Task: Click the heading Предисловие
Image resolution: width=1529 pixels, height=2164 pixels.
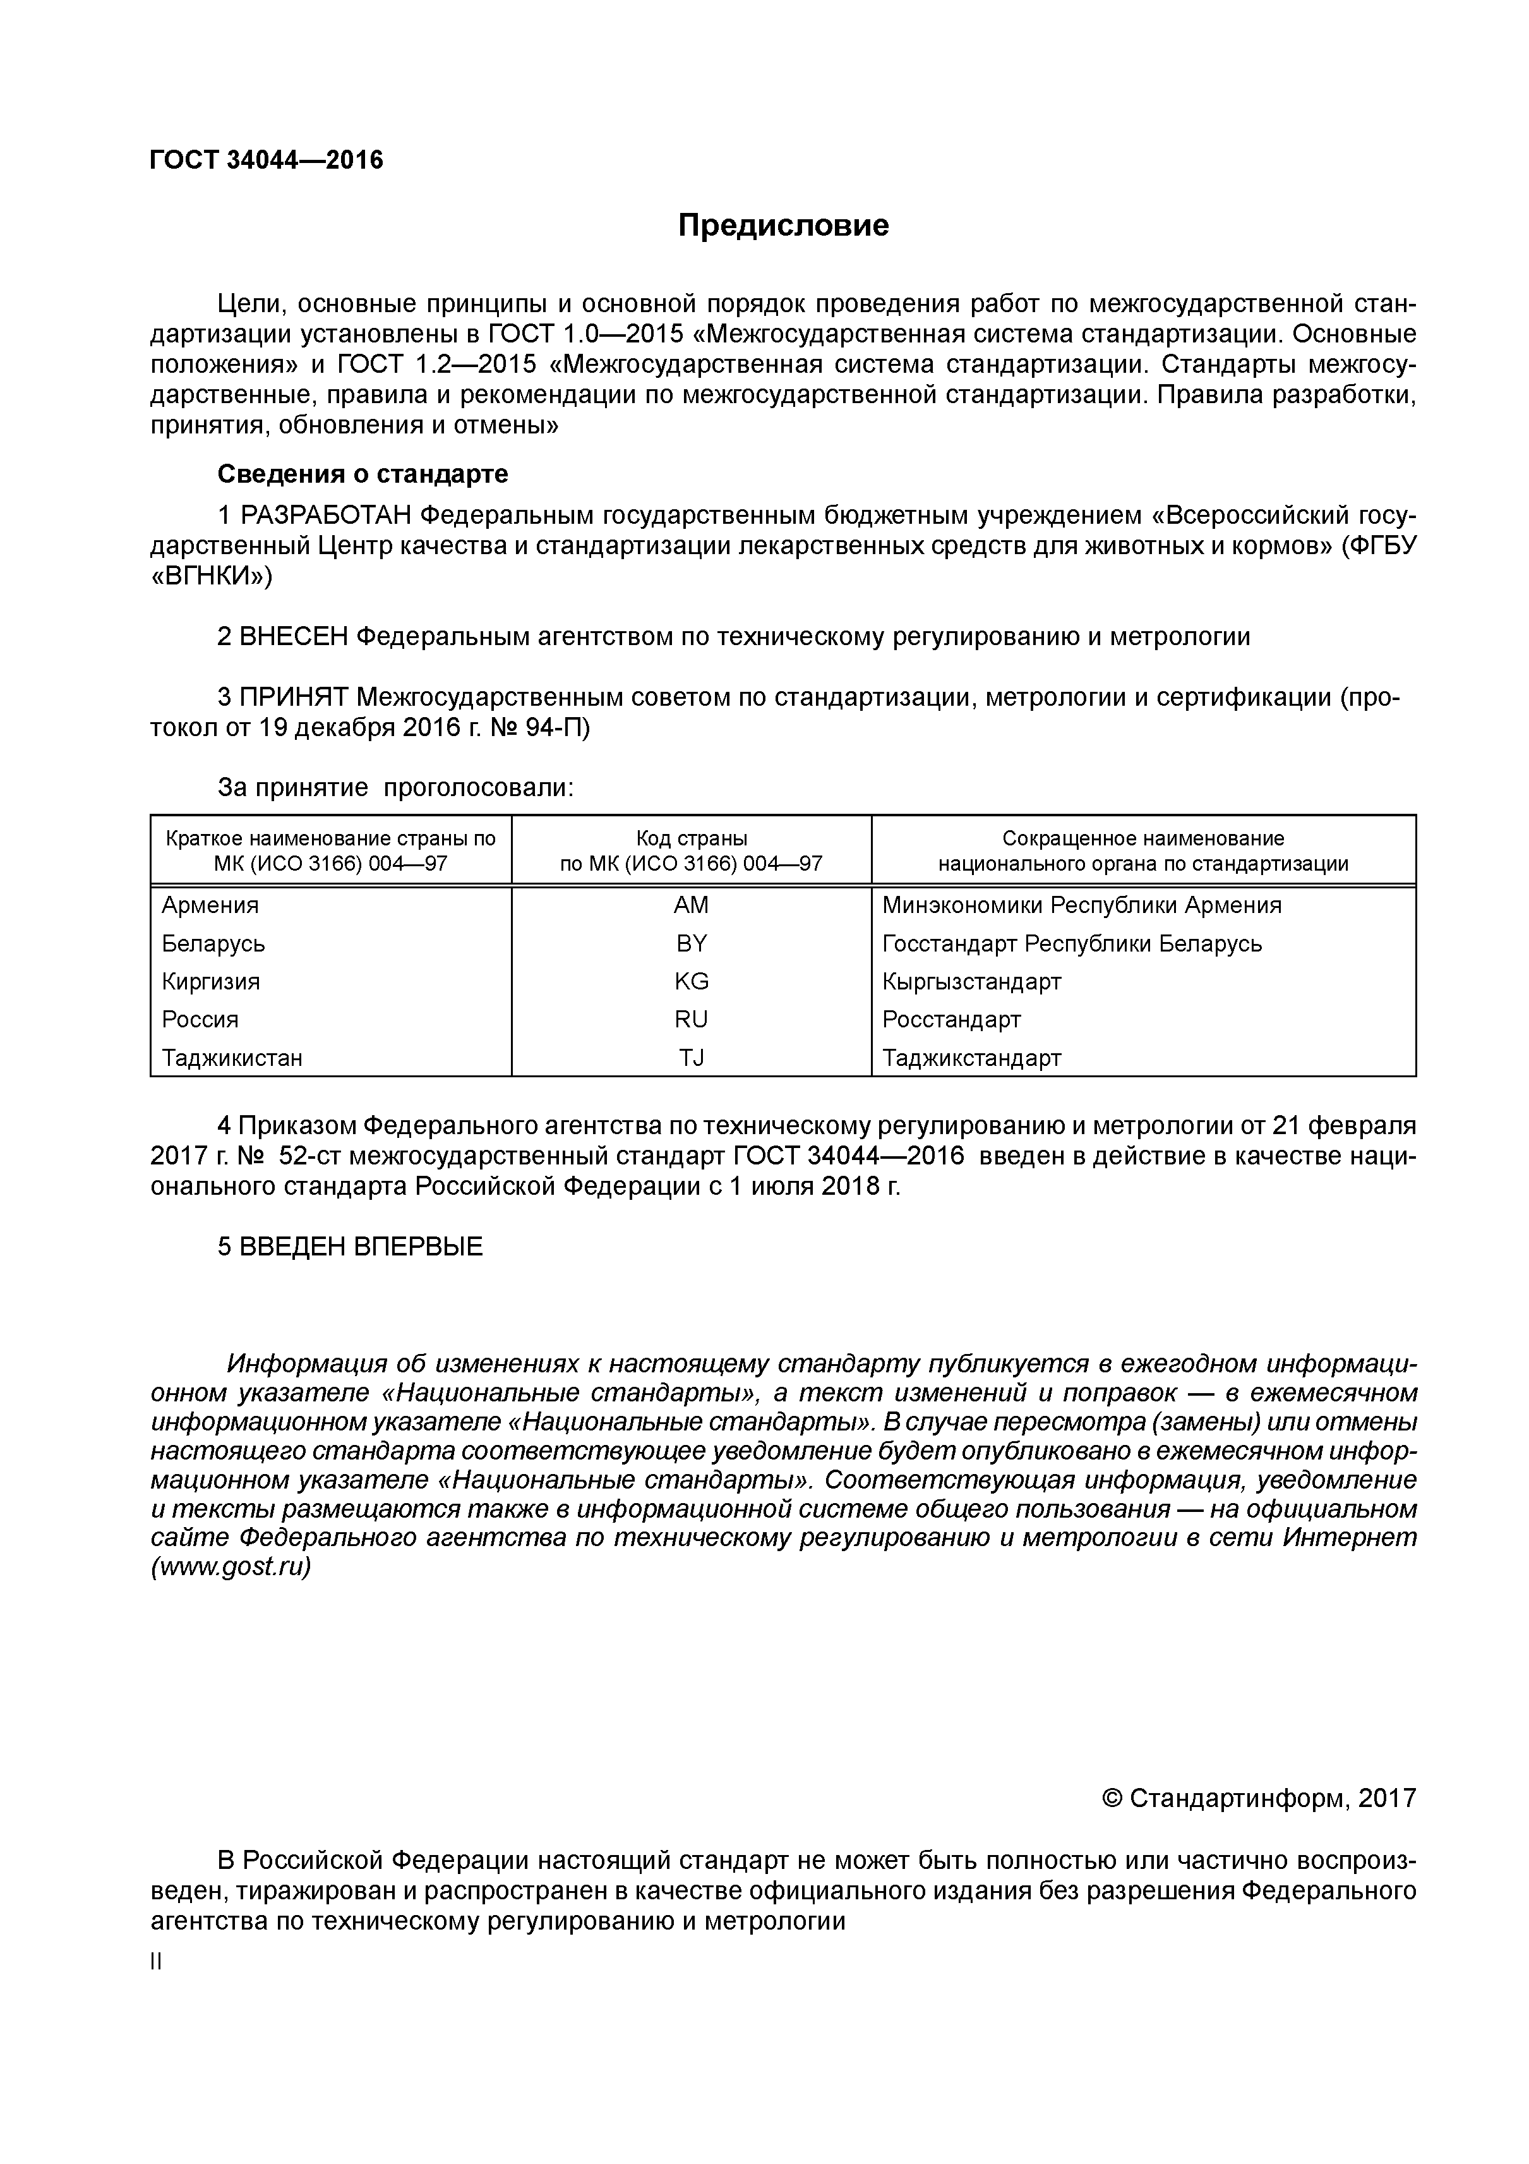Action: pos(783,226)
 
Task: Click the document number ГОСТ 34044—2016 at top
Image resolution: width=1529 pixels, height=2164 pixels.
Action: pos(267,160)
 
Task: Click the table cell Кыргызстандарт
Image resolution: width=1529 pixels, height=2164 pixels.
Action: pos(971,981)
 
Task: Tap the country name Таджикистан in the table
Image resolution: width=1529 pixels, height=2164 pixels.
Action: pos(232,1058)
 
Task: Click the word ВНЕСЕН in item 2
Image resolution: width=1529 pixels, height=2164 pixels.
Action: pos(293,636)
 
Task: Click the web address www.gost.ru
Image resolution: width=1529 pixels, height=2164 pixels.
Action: pos(231,1566)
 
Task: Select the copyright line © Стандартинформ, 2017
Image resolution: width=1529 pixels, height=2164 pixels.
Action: pos(1257,1798)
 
